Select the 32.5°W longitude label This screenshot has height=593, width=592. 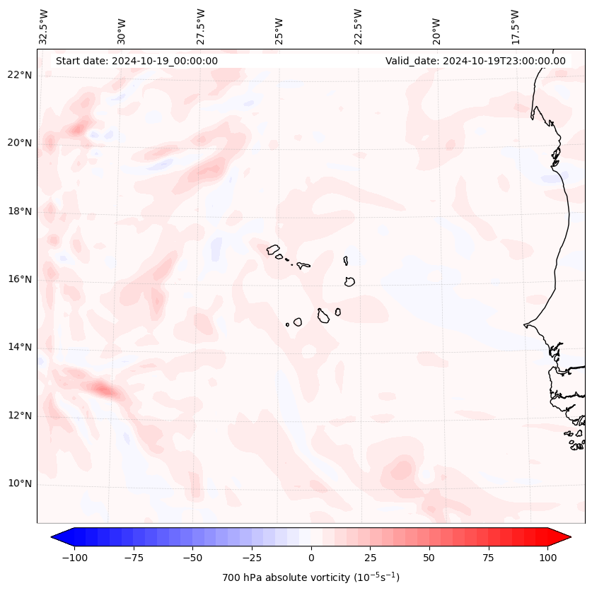[x=44, y=27]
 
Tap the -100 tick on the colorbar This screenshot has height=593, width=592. [x=74, y=558]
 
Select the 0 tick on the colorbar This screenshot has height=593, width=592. [x=310, y=558]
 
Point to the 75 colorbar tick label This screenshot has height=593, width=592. [x=488, y=558]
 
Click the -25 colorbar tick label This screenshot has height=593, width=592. [x=252, y=558]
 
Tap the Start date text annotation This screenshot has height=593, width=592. [x=137, y=61]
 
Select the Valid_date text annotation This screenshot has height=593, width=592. [x=475, y=61]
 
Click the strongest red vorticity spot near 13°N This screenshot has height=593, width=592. [x=103, y=388]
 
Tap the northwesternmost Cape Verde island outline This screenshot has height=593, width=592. [x=274, y=249]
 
